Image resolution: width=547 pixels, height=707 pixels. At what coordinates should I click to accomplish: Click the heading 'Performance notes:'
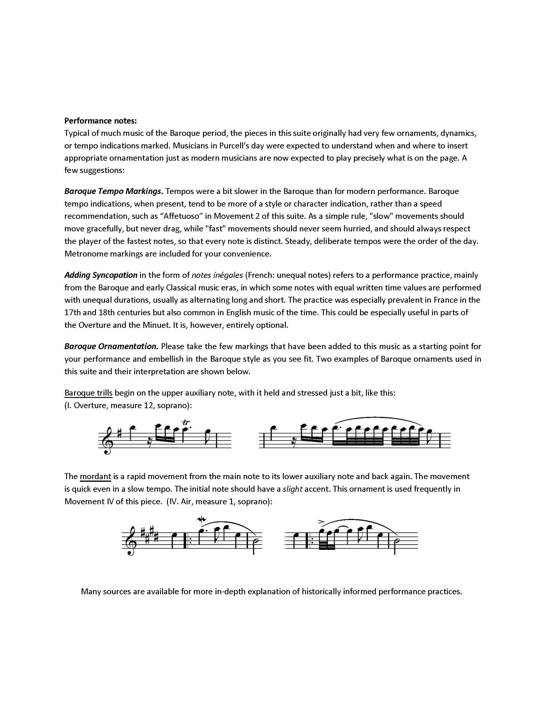100,121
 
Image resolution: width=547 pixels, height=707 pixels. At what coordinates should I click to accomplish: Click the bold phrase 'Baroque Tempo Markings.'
113,191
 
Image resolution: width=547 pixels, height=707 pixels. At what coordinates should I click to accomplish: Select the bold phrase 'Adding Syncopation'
101,275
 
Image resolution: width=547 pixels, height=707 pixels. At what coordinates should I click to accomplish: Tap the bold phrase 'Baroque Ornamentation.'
111,346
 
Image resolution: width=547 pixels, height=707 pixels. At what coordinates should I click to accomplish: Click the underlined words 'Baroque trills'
88,393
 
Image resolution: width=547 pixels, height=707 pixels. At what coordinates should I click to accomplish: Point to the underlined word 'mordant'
95,476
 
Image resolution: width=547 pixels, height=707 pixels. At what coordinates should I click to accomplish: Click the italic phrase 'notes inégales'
217,275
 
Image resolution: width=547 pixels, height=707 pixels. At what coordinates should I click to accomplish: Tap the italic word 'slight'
292,489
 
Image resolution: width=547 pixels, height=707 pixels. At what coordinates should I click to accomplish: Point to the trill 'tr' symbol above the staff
186,422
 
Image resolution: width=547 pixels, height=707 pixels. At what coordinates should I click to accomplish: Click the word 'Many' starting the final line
90,591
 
